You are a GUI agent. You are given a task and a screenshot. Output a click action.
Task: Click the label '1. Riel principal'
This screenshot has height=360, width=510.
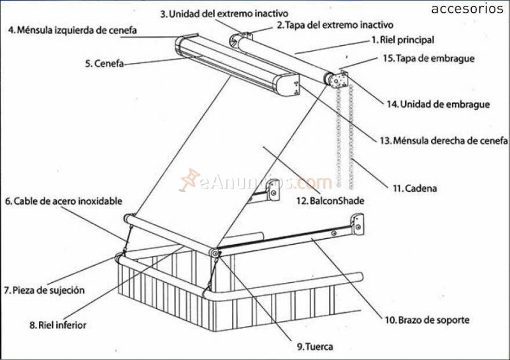pyautogui.click(x=402, y=40)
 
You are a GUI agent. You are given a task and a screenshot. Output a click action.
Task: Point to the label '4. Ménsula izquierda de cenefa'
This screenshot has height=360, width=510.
pyautogui.click(x=72, y=29)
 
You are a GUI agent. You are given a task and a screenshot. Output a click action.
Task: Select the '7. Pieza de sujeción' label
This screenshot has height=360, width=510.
pyautogui.click(x=44, y=290)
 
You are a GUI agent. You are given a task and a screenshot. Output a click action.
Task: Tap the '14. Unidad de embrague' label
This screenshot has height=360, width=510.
pyautogui.click(x=438, y=104)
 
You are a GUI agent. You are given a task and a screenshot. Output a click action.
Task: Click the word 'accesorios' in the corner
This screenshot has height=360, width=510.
pyautogui.click(x=467, y=9)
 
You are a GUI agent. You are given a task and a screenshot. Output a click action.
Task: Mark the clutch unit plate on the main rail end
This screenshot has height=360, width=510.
pyautogui.click(x=340, y=82)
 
